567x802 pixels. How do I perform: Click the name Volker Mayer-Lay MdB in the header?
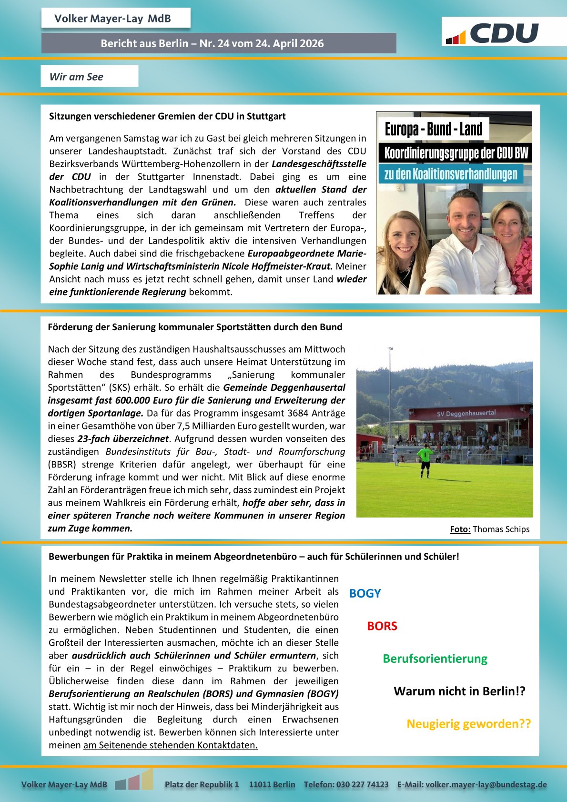(x=112, y=19)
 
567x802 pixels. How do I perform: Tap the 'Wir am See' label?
(x=76, y=77)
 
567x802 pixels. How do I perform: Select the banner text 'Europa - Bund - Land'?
(x=433, y=129)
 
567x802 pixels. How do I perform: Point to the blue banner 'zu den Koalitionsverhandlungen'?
(x=450, y=174)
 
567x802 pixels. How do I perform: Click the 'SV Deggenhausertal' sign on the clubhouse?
(x=466, y=413)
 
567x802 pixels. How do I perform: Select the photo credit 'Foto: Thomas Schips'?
(x=489, y=529)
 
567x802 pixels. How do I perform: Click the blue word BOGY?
(x=365, y=593)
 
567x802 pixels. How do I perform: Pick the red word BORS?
(x=382, y=626)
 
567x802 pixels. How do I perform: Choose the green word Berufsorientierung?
(x=435, y=659)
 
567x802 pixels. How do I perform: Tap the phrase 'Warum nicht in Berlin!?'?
(x=459, y=691)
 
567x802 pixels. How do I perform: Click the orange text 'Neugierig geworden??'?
(x=468, y=724)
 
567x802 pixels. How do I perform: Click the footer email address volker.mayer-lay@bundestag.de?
(x=486, y=784)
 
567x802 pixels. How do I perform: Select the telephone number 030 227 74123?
(x=362, y=784)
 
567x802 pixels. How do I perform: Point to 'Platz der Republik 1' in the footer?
(x=202, y=784)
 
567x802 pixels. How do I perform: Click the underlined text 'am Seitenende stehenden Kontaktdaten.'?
(x=170, y=745)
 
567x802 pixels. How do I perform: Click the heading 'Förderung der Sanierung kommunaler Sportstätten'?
(x=195, y=327)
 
